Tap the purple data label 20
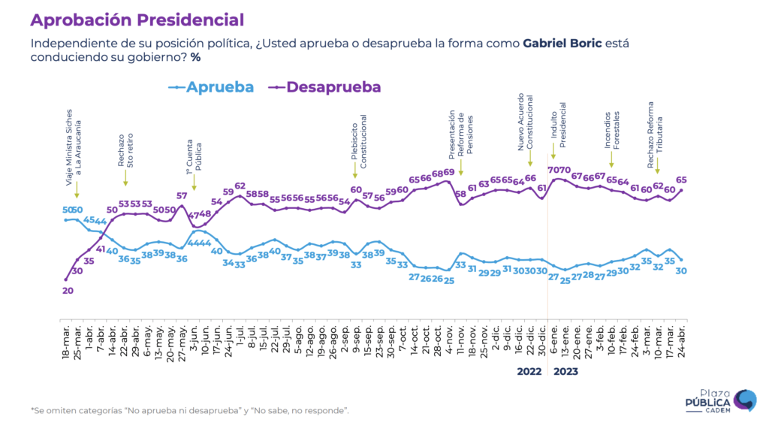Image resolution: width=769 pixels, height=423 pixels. [x=68, y=291]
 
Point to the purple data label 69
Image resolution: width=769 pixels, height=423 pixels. [x=448, y=173]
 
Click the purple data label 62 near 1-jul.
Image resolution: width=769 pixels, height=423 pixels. [x=240, y=186]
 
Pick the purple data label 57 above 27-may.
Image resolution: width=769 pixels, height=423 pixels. [x=182, y=196]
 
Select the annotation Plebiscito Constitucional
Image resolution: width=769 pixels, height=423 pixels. [x=359, y=141]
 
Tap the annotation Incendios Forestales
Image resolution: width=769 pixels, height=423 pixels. [x=611, y=130]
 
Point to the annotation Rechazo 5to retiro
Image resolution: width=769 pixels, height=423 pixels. [x=125, y=150]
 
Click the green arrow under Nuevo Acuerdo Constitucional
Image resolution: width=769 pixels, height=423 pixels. [x=529, y=159]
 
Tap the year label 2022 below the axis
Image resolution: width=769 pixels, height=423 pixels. [x=529, y=370]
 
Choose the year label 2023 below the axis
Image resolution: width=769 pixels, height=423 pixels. [x=565, y=370]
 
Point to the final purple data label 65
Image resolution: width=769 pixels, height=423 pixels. [x=681, y=180]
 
